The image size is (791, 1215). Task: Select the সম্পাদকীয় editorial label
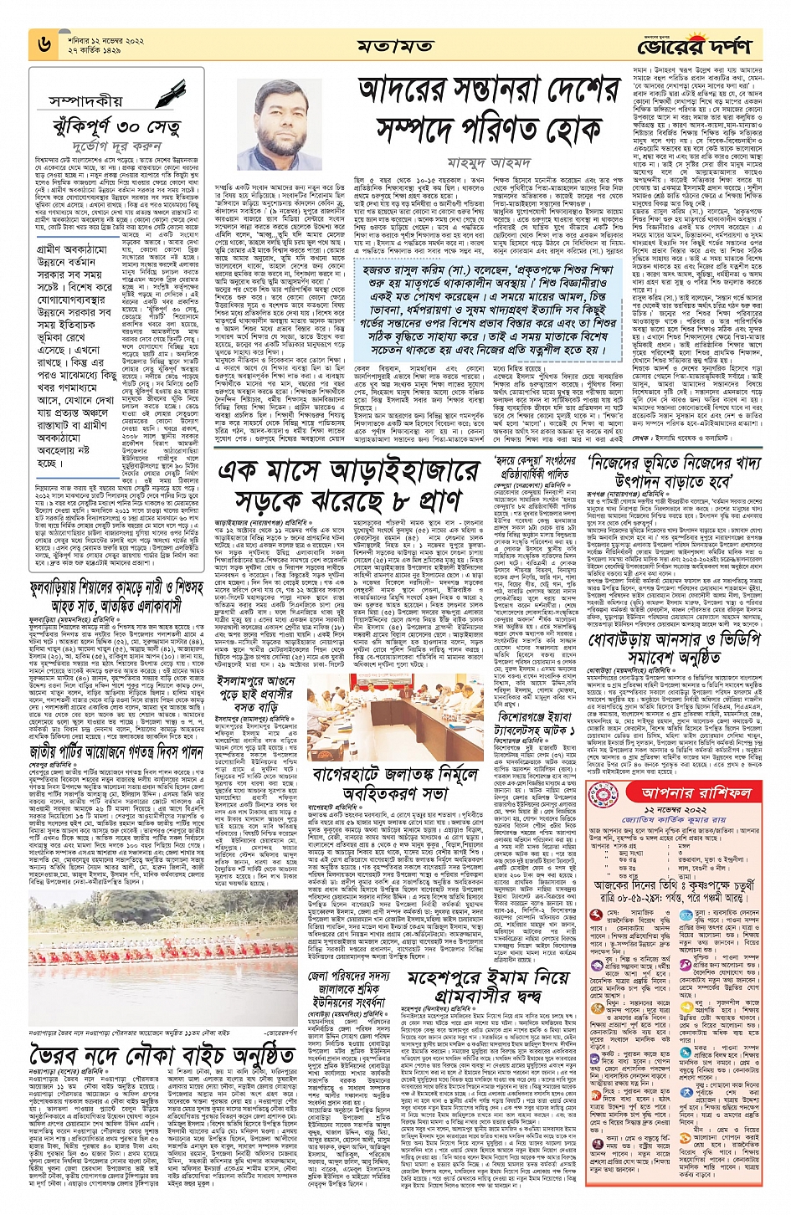[x=85, y=100]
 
